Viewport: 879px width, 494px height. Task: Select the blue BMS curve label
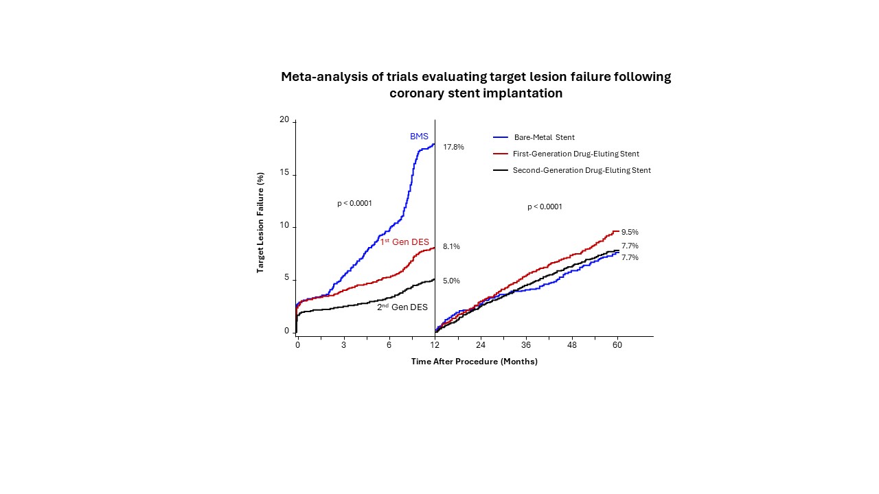tap(419, 137)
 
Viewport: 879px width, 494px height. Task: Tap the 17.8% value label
tap(453, 147)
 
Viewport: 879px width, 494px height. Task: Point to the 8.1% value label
tap(451, 246)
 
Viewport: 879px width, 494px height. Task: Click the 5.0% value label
tap(451, 281)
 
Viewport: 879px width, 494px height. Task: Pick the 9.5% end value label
tap(630, 232)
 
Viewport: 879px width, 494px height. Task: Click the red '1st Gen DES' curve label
tap(404, 242)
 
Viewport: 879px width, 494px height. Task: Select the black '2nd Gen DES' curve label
tap(402, 307)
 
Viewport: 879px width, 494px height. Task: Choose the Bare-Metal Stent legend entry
tap(544, 137)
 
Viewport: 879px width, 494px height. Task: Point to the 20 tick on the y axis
tap(284, 120)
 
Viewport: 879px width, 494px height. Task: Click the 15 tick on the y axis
tap(284, 174)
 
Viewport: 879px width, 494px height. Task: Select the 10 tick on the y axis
tap(284, 226)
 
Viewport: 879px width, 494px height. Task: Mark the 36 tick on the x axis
tap(526, 344)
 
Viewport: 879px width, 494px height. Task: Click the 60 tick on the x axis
tap(617, 344)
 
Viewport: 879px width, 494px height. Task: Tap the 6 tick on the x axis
tap(389, 344)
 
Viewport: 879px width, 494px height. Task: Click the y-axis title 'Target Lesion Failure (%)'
tap(261, 223)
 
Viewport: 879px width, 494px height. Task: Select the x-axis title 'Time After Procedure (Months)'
tap(474, 362)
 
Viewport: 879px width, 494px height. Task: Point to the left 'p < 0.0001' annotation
tap(354, 203)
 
